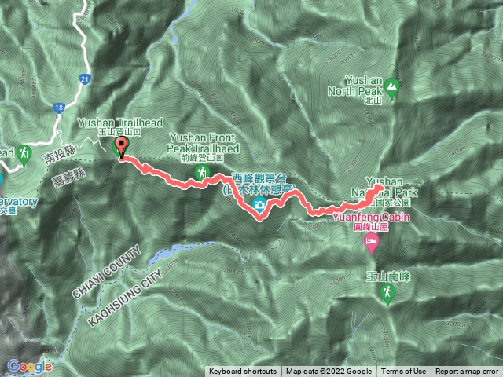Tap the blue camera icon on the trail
tap(259, 206)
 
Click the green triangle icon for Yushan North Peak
tap(391, 87)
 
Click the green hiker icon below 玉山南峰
tap(387, 295)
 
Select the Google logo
tap(30, 366)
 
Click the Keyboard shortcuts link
tap(242, 372)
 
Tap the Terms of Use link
tap(404, 372)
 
